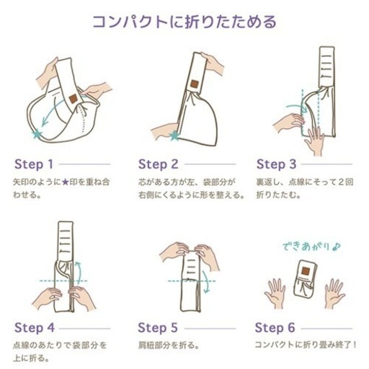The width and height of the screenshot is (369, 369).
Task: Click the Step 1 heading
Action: pos(34,164)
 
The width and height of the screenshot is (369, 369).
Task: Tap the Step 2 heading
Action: pos(159,164)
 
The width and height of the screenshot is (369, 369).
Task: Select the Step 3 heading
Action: pos(277,164)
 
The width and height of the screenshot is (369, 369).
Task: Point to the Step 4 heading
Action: pos(35,328)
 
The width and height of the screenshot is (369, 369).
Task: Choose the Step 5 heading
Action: pos(158,328)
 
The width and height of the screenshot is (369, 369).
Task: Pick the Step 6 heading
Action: pos(275,328)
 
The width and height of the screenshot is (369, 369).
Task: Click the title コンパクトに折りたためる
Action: pos(184,22)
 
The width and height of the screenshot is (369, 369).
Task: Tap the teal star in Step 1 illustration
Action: pos(37,134)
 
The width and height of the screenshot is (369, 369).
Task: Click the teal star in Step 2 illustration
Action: pos(174,136)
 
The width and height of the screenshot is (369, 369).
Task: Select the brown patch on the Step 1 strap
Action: pos(74,99)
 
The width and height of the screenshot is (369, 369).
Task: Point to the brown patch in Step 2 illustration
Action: pos(195,84)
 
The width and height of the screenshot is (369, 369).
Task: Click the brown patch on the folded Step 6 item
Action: pos(306,271)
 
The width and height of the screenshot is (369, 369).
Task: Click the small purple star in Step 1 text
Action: pos(65,182)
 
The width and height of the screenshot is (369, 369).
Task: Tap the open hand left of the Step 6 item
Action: pos(275,293)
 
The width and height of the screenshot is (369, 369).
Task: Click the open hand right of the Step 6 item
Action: pos(334,293)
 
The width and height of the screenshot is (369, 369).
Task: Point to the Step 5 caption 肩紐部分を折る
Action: pos(169,345)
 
